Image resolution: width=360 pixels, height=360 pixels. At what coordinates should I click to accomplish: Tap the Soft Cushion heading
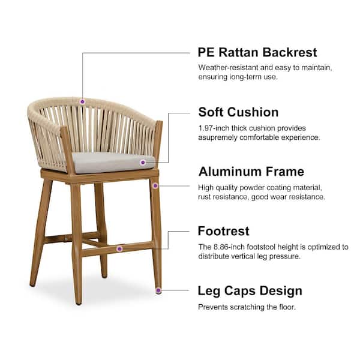(238, 112)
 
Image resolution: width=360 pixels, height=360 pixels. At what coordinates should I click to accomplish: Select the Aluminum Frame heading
(251, 172)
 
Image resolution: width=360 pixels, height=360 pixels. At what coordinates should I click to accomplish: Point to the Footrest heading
(223, 231)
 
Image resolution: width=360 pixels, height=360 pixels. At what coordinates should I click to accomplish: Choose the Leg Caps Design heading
(250, 291)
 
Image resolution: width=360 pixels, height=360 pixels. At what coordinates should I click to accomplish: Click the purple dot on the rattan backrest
(82, 101)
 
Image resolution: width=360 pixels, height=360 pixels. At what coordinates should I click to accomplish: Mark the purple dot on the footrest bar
(119, 248)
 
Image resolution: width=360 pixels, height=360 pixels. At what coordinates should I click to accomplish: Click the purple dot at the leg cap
(158, 290)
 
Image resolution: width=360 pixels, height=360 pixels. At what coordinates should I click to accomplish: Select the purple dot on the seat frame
(155, 186)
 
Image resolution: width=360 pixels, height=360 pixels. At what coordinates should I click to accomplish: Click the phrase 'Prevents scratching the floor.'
(247, 307)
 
